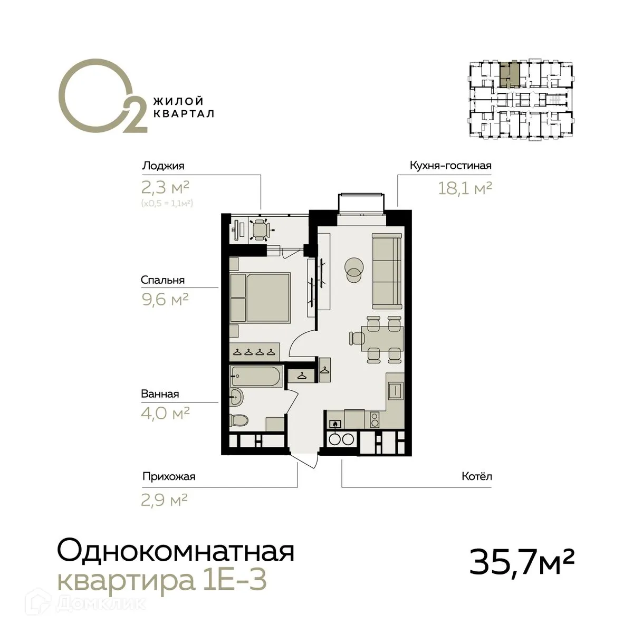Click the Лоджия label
(162, 166)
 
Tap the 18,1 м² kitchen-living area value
(465, 188)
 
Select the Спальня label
(162, 280)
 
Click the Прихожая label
(168, 477)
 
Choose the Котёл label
(476, 477)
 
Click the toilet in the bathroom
(239, 421)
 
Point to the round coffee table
(354, 267)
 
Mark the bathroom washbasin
(237, 397)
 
